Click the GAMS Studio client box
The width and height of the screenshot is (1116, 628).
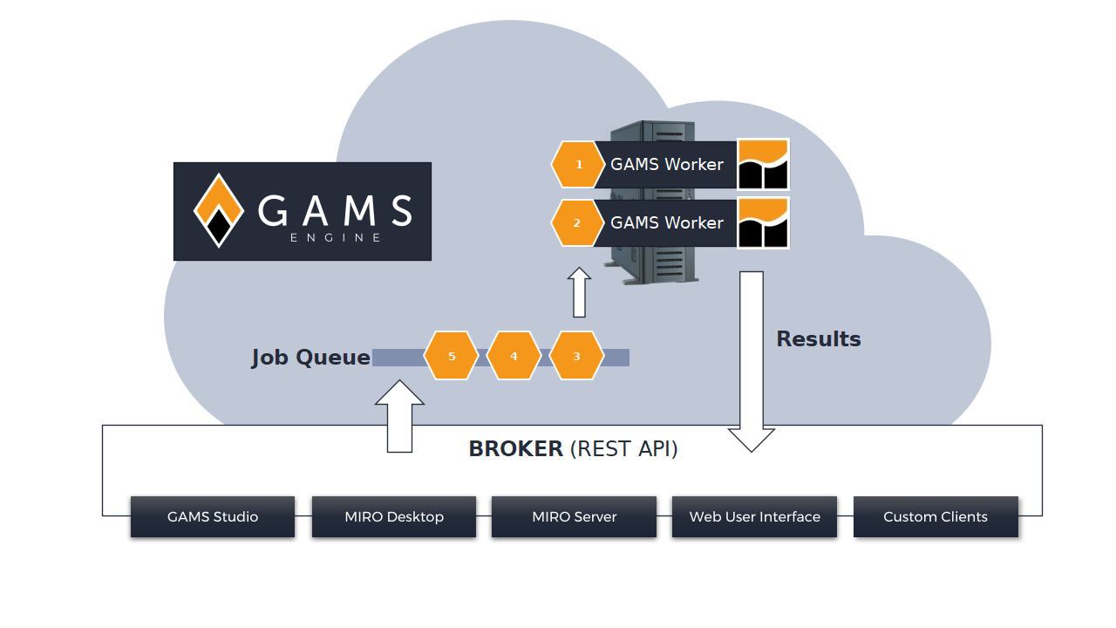[x=213, y=516]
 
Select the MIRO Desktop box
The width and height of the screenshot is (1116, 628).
[x=394, y=516]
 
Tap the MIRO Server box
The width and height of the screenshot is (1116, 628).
[x=574, y=516]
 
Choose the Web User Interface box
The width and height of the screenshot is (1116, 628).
[x=754, y=516]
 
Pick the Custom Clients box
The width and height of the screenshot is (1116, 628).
[x=936, y=516]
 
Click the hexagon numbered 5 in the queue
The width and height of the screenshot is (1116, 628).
[x=452, y=356]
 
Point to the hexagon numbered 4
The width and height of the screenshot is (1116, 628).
[x=514, y=356]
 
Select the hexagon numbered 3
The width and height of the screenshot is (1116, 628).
[x=576, y=356]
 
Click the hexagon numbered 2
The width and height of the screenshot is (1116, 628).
[x=576, y=222]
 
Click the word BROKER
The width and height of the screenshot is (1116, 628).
[x=515, y=448]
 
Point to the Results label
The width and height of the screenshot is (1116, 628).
[x=819, y=339]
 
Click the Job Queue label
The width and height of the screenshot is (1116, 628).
[x=311, y=358]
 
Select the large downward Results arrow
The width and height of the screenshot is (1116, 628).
[x=752, y=362]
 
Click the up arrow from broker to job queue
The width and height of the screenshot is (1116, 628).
[x=399, y=417]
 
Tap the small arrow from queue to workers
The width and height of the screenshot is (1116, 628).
[x=579, y=292]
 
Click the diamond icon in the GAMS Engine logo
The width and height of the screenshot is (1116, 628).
[x=219, y=210]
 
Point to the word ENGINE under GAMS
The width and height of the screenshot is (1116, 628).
[x=336, y=238]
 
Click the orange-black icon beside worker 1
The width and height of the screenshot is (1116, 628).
[x=763, y=165]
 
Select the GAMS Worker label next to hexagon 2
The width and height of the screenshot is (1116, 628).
[x=667, y=222]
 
